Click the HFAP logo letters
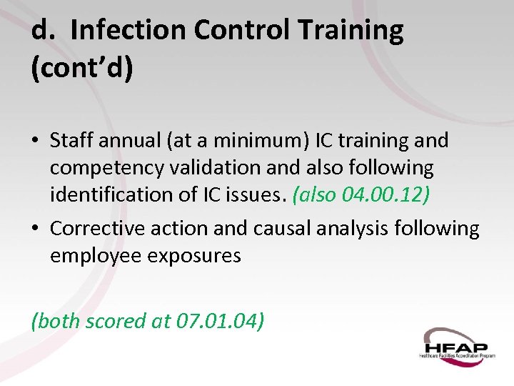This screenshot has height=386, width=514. pos(458,342)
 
